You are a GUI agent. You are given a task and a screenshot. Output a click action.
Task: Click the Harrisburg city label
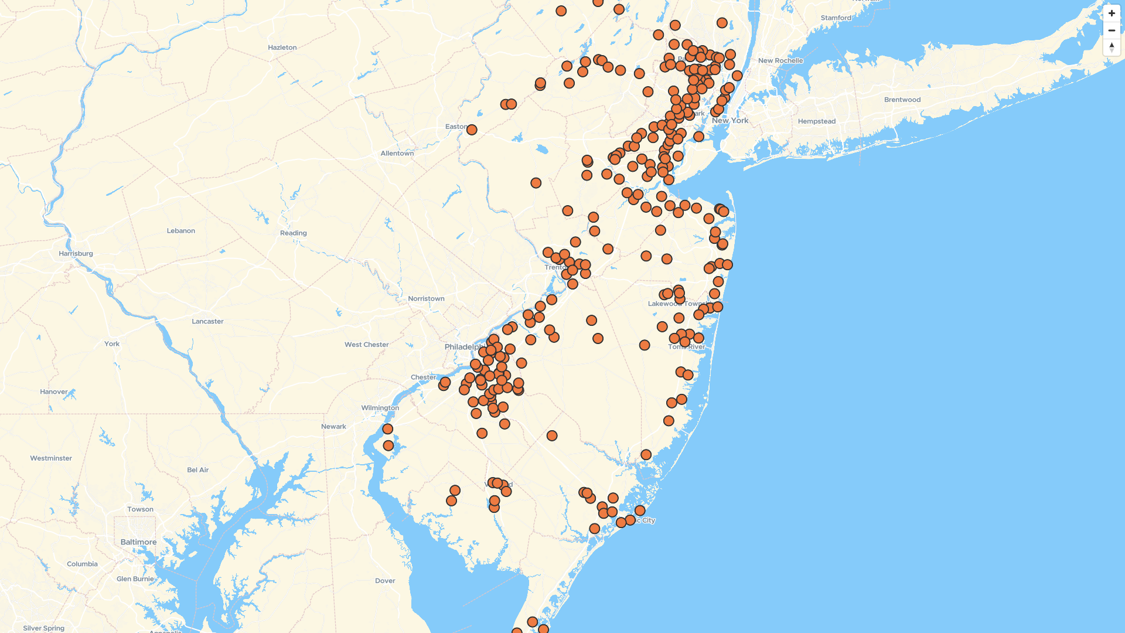(76, 254)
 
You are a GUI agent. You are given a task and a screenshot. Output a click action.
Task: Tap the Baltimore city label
(138, 542)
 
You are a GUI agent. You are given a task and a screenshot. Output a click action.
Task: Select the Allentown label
(397, 154)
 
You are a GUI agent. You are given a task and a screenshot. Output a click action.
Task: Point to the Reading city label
(293, 233)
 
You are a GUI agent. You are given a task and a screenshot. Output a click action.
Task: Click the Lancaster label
(207, 322)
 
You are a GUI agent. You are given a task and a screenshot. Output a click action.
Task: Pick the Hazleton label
(282, 47)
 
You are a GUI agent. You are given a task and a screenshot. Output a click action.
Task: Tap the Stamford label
(836, 18)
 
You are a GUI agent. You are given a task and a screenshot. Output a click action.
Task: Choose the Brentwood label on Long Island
(902, 100)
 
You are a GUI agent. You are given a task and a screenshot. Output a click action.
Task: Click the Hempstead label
(816, 121)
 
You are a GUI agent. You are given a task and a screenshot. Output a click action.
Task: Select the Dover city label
(385, 581)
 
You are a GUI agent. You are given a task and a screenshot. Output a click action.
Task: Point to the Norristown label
(426, 299)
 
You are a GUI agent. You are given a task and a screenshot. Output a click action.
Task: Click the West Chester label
(366, 345)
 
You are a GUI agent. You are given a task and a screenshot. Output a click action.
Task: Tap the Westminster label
(51, 458)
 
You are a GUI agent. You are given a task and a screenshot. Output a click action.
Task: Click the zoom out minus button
(1111, 30)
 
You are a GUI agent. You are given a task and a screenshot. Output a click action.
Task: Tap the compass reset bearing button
(1111, 47)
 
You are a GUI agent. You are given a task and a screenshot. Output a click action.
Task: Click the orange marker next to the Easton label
(472, 130)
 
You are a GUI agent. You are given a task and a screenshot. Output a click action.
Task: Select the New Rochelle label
(780, 60)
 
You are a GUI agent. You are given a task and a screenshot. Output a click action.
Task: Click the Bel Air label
(197, 470)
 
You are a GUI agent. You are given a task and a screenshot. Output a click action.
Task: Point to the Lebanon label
(180, 231)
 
